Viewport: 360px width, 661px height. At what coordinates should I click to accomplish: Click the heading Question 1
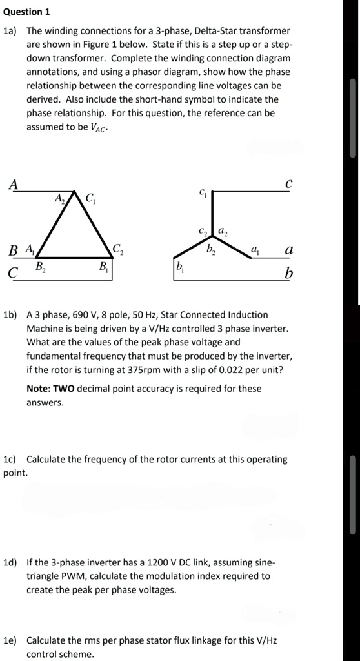(26, 12)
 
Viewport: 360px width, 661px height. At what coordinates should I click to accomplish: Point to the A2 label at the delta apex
(59, 198)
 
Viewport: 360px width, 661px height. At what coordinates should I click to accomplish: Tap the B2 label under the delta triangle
(40, 266)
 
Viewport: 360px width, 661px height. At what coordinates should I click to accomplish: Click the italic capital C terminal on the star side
(288, 183)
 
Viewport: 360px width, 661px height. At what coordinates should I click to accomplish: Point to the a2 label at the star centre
(222, 231)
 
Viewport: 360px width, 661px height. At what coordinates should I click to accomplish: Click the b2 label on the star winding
(210, 250)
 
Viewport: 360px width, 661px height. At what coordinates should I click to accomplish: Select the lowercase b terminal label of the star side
(289, 274)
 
